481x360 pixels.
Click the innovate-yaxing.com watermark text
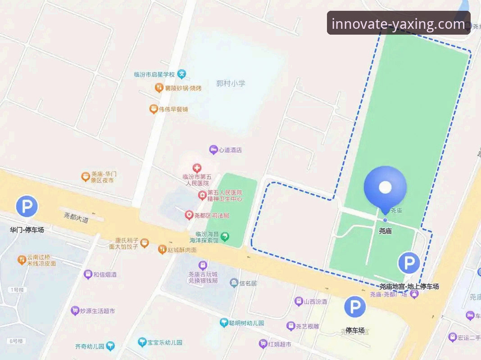click(398, 23)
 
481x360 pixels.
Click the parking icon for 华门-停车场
click(27, 207)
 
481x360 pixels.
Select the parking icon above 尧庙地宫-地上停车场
click(409, 263)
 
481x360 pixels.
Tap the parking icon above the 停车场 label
click(355, 307)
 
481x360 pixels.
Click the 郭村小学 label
click(231, 83)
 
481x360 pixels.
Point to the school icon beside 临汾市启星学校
click(182, 74)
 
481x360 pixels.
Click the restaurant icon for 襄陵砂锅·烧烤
click(159, 88)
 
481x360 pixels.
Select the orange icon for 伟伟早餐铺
click(154, 109)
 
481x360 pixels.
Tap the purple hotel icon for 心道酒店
click(213, 150)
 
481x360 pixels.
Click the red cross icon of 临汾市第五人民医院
click(196, 169)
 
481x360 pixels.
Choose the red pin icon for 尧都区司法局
click(190, 216)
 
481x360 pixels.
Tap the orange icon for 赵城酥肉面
click(162, 249)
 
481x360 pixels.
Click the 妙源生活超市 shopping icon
click(75, 310)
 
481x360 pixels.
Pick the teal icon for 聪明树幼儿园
click(224, 323)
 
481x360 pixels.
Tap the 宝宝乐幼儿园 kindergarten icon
click(142, 342)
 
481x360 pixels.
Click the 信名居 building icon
click(234, 283)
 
